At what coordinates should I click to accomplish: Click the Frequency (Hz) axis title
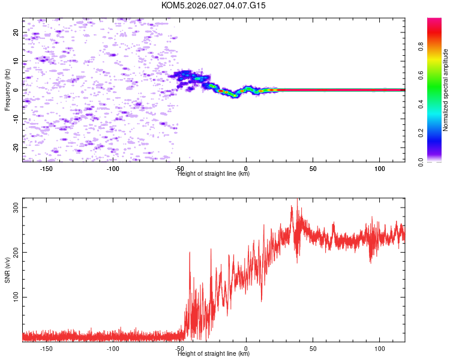tap(7, 90)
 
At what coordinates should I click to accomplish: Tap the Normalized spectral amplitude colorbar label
tap(446, 90)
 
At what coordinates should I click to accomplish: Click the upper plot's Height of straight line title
tap(214, 173)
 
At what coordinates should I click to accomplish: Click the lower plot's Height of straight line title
tap(214, 353)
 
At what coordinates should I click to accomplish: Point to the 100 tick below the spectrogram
tap(379, 169)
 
